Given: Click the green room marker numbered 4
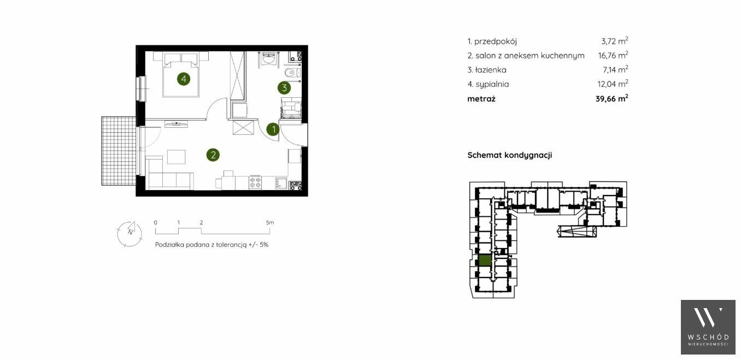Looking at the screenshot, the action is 184,79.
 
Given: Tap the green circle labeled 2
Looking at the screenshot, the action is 213,155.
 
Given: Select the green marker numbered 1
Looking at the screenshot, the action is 273,129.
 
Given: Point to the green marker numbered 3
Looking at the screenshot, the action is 284,88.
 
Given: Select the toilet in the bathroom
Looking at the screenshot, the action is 292,73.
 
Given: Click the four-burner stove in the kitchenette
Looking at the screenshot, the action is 255,183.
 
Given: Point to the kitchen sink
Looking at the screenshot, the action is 281,183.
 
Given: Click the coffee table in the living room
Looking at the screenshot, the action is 177,157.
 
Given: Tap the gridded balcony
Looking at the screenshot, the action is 119,151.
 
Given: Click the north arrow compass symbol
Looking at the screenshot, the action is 130,234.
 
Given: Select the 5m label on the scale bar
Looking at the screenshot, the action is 270,222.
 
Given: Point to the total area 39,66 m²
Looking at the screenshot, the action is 612,98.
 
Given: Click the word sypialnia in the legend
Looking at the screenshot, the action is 492,84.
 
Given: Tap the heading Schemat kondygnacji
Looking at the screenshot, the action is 510,155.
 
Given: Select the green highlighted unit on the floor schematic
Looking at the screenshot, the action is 485,261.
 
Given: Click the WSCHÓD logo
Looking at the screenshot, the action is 708,327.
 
